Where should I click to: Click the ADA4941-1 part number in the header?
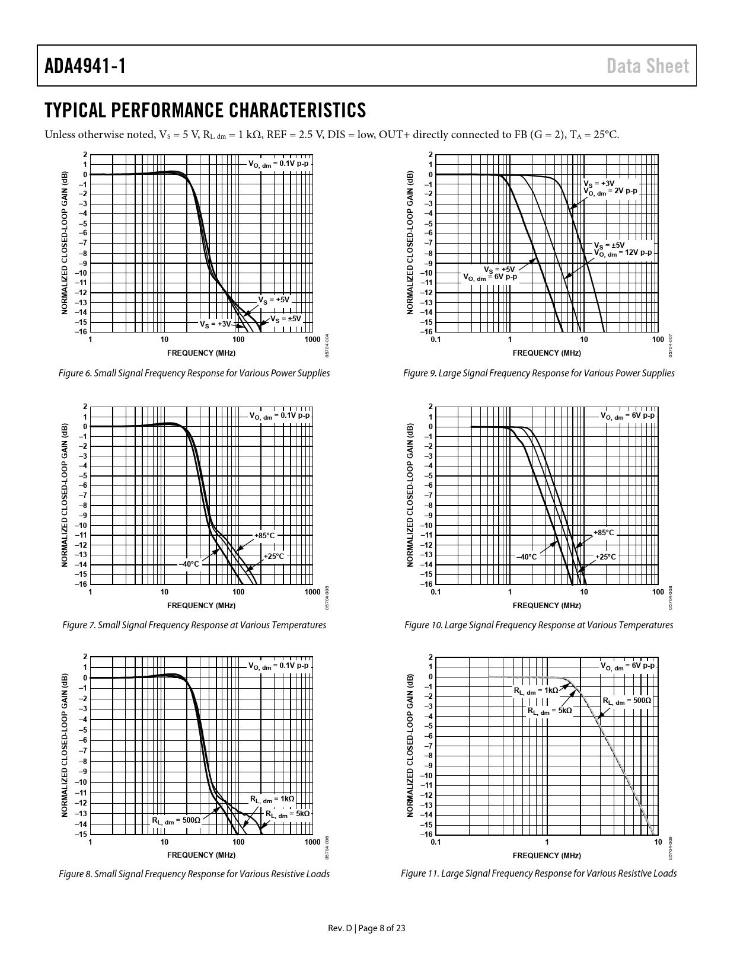pyautogui.click(x=85, y=66)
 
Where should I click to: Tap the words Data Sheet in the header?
pyautogui.click(x=648, y=66)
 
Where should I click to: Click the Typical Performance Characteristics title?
pyautogui.click(x=205, y=110)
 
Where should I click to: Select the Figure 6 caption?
pyautogui.click(x=194, y=373)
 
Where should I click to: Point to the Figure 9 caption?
pyautogui.click(x=538, y=373)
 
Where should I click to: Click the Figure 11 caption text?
pyautogui.click(x=538, y=874)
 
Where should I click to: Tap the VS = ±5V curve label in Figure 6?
pyautogui.click(x=286, y=319)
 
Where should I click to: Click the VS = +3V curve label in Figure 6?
pyautogui.click(x=215, y=324)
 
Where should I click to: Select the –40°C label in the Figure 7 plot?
pyautogui.click(x=190, y=564)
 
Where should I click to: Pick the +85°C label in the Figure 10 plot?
pyautogui.click(x=604, y=533)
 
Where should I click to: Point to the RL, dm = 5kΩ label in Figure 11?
pyautogui.click(x=550, y=710)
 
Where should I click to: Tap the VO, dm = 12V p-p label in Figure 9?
pyautogui.click(x=623, y=253)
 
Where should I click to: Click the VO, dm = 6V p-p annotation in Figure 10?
pyautogui.click(x=627, y=416)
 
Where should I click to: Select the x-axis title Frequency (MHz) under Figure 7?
pyautogui.click(x=201, y=605)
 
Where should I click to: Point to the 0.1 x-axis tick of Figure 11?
pyautogui.click(x=436, y=842)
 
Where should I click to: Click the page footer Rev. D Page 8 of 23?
pyautogui.click(x=367, y=928)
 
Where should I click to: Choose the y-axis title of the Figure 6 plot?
pyautogui.click(x=65, y=243)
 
